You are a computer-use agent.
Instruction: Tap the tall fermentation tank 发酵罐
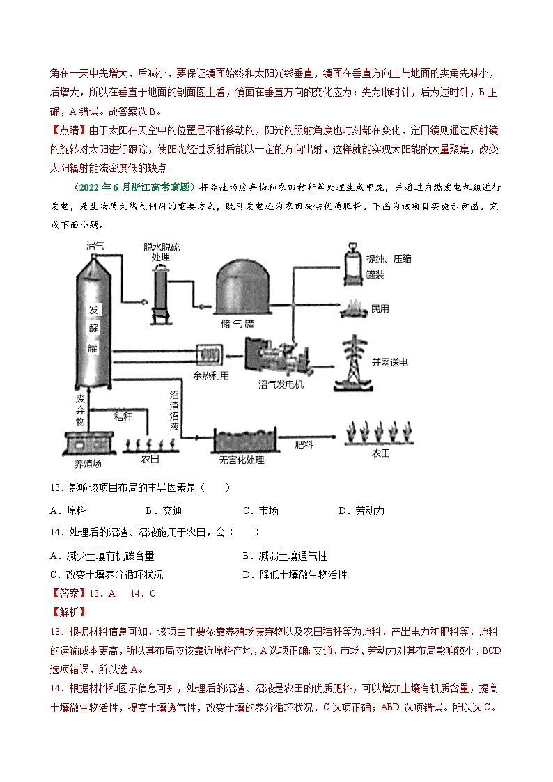coord(93,327)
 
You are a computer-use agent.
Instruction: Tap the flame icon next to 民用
coord(352,307)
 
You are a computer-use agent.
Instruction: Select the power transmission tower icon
coord(355,362)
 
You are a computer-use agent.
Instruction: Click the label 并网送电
coord(390,362)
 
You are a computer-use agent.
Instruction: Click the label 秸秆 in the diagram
coord(123,416)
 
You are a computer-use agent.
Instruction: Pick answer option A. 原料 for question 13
coord(68,510)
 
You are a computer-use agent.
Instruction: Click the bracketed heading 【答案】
coord(68,593)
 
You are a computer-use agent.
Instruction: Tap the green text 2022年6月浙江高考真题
coord(134,188)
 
